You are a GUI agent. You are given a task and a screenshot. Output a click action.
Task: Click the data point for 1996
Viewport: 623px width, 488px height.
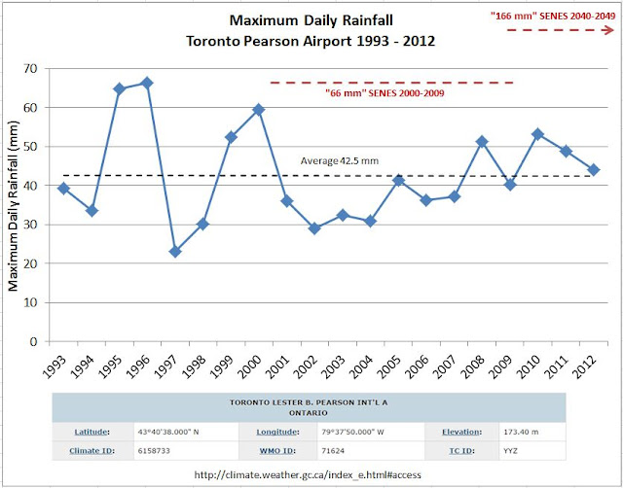click(x=147, y=83)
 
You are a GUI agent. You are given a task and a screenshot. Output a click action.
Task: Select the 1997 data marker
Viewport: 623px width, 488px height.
click(x=175, y=251)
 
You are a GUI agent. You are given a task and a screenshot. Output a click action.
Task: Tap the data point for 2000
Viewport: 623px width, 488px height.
click(x=259, y=110)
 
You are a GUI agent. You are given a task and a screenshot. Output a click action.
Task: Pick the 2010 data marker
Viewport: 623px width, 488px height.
click(x=537, y=134)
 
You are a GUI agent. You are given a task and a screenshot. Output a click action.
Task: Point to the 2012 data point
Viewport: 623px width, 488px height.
click(x=593, y=169)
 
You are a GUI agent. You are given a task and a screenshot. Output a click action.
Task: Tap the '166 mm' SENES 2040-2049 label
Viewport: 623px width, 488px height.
click(x=551, y=17)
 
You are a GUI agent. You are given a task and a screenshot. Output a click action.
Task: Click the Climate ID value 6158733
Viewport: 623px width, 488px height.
click(x=149, y=451)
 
